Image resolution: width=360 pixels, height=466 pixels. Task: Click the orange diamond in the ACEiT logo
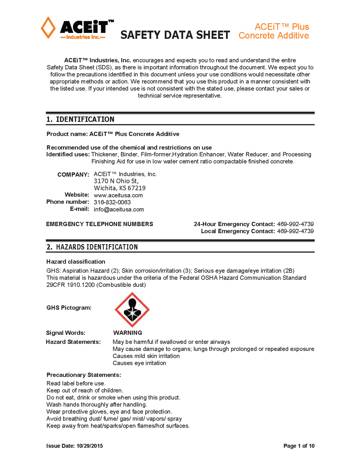[48, 28]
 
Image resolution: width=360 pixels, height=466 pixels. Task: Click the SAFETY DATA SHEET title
[175, 35]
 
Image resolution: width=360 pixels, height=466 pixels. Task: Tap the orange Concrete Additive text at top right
[274, 36]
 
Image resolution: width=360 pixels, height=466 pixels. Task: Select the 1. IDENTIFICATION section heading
[80, 119]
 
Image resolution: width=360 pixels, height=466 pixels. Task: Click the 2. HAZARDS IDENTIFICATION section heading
[92, 247]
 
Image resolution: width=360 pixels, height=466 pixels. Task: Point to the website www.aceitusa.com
[118, 195]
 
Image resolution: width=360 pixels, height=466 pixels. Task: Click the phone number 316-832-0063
[112, 202]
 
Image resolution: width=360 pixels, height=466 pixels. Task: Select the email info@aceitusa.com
[119, 209]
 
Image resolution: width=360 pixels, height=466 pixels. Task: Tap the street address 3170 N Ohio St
[116, 181]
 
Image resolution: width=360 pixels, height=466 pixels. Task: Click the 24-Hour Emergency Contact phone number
[295, 224]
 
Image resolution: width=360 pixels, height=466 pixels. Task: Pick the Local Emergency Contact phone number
[295, 231]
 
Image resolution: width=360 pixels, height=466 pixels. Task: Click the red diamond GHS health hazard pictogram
[132, 310]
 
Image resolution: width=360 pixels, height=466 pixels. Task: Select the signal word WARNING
[128, 333]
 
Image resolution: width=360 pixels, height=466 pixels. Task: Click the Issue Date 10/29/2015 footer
[75, 446]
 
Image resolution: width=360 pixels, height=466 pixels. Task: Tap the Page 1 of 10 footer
[299, 446]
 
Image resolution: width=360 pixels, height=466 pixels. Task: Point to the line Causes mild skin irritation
[146, 356]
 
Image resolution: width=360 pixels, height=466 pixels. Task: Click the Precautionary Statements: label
[84, 375]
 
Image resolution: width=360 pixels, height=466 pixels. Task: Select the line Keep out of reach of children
[85, 390]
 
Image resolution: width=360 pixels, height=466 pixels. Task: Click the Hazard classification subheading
[76, 261]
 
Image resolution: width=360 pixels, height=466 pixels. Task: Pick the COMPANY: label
[73, 175]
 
